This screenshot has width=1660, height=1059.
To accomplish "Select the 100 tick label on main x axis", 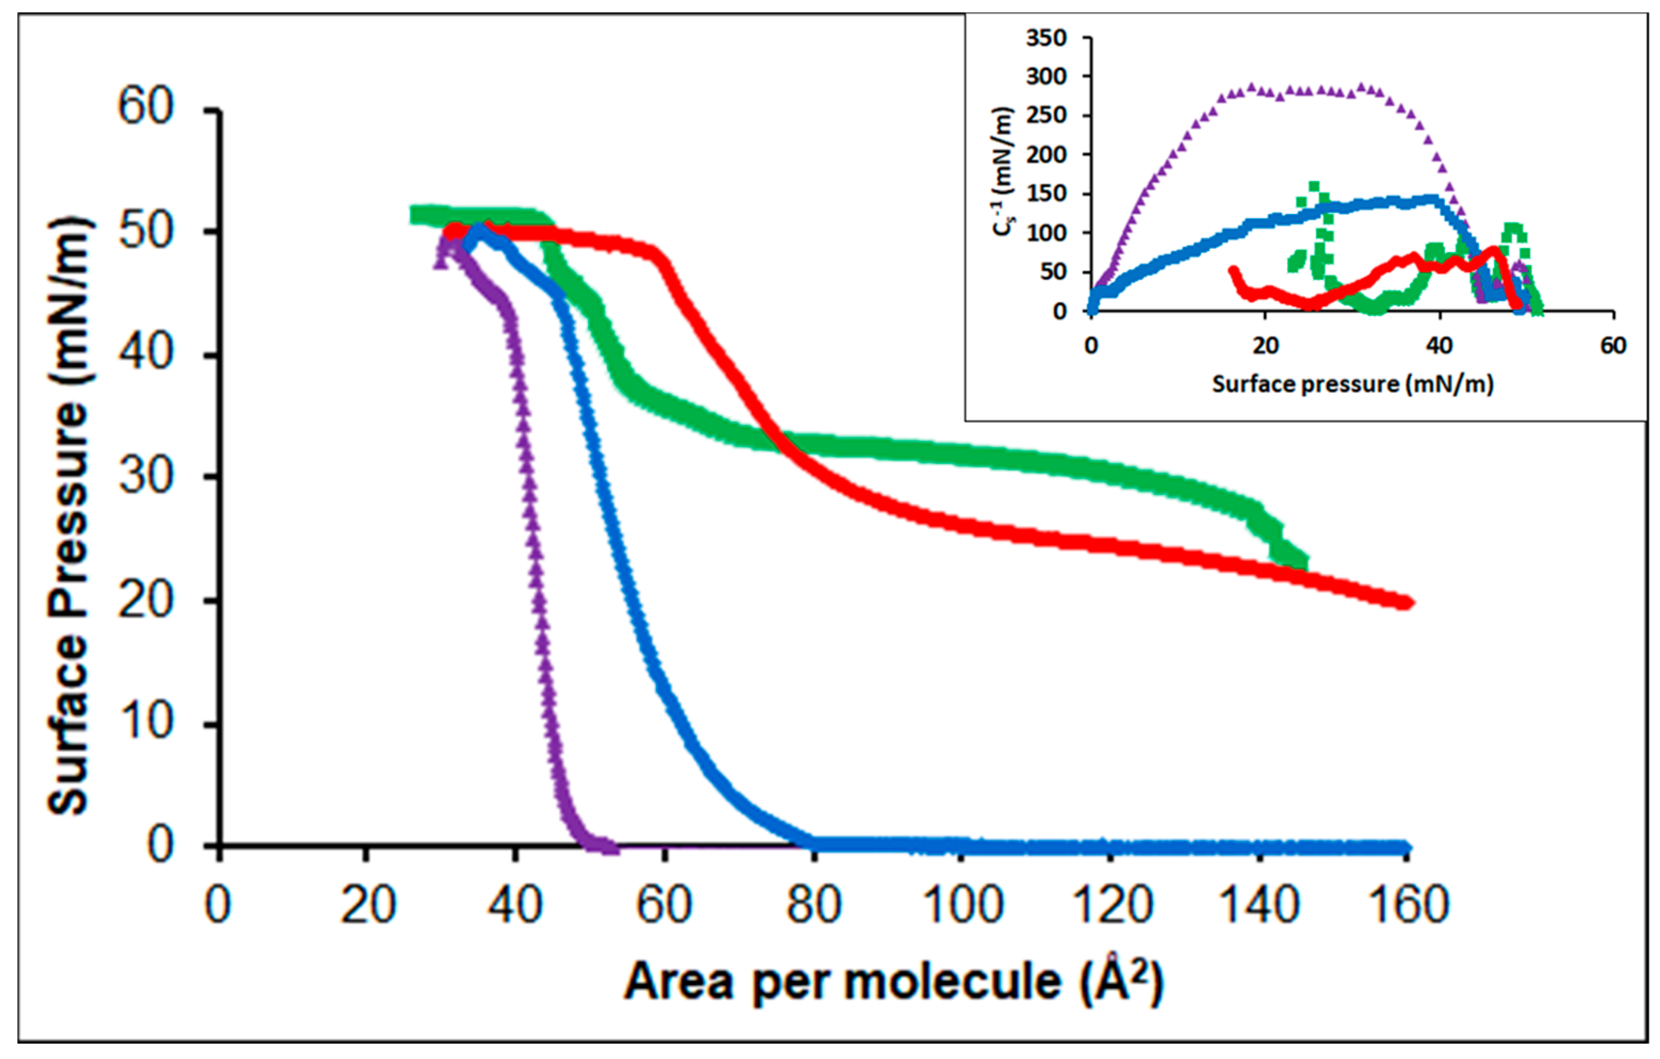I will (963, 905).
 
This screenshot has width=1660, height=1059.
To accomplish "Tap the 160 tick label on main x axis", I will (1408, 905).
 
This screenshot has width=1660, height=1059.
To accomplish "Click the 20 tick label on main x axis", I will (368, 905).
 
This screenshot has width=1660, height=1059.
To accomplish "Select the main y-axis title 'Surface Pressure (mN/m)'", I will (69, 517).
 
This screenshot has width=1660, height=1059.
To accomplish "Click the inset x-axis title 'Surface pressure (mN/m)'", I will (1352, 384).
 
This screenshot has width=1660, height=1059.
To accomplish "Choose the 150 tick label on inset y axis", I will (1046, 194).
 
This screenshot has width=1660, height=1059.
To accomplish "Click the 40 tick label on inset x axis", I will (1439, 345).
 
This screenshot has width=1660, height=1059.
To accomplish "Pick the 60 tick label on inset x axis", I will (1613, 345).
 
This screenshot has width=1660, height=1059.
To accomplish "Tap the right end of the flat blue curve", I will (1406, 847).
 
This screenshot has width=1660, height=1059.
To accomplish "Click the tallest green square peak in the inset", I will (1314, 187).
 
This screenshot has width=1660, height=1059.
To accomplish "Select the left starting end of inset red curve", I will (1233, 271).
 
